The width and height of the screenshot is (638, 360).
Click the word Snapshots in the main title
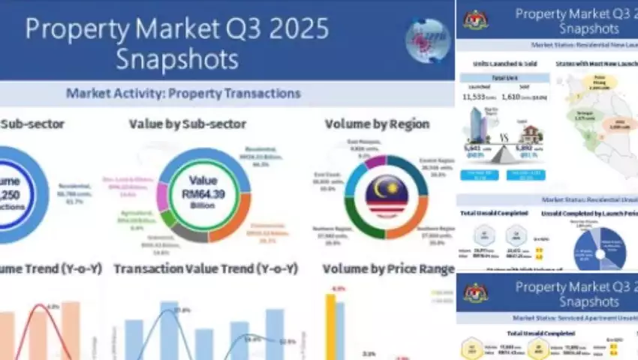coord(177,58)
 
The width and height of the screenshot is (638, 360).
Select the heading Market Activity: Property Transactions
coord(183,94)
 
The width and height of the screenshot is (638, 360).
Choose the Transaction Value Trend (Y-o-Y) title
coord(205,268)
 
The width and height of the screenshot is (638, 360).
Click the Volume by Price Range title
coord(388,268)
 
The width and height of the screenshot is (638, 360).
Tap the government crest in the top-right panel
coord(476,19)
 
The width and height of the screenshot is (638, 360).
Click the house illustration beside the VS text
coord(527,135)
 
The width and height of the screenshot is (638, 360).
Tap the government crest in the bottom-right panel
coord(476,293)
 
